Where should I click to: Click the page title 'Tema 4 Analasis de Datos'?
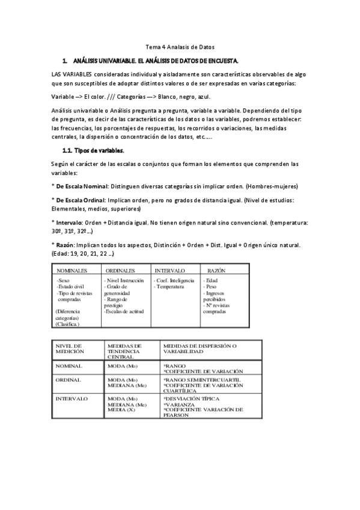tap(180, 47)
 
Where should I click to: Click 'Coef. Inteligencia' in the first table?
tap(175, 280)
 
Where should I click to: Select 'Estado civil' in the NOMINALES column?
tap(69, 286)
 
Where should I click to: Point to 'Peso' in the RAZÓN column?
tap(210, 286)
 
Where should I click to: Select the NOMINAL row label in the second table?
tap(69, 366)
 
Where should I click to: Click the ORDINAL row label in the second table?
tap(68, 380)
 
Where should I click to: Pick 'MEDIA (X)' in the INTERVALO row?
tap(121, 410)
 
